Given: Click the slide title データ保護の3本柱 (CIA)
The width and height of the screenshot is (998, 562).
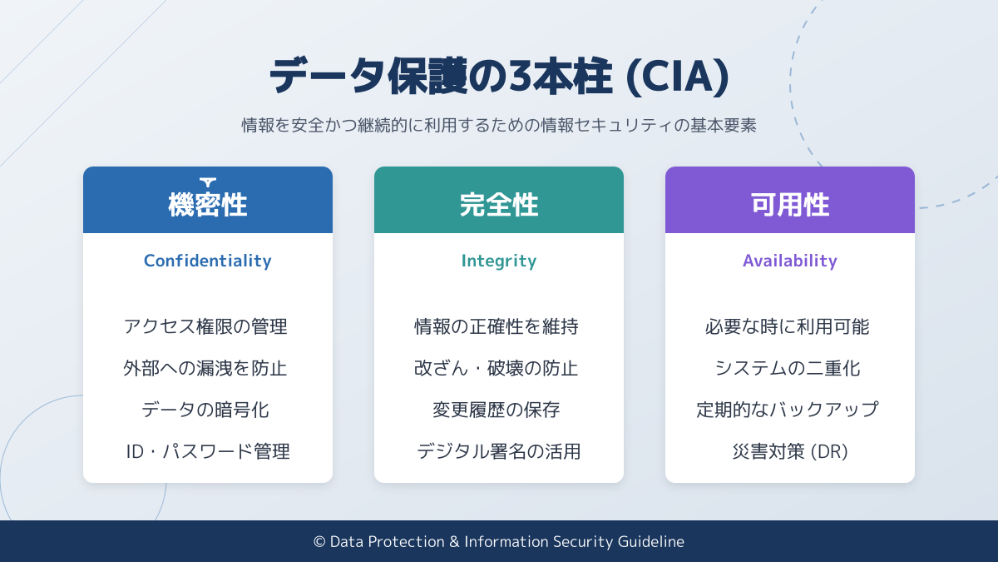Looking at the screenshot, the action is [x=499, y=77].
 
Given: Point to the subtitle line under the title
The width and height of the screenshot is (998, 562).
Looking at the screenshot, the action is [x=499, y=126].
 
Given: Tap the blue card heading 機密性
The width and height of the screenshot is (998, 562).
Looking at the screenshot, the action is [x=208, y=205].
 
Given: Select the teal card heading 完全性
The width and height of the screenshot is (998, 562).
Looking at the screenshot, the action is [x=499, y=205].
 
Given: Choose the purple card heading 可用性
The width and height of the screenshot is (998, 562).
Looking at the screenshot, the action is [x=790, y=205].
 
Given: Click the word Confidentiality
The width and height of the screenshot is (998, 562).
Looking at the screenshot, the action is [x=208, y=261].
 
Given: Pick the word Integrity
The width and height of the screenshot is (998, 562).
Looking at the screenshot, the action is [x=499, y=261].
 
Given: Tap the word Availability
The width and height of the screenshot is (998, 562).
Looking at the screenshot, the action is [x=790, y=261].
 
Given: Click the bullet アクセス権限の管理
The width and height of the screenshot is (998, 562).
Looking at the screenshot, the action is [x=205, y=326].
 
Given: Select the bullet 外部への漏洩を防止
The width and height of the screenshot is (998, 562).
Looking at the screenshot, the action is [x=205, y=368].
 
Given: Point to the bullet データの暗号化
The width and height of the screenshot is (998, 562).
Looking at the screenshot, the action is [x=205, y=410].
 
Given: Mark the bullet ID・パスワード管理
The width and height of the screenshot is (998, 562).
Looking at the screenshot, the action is [x=208, y=451].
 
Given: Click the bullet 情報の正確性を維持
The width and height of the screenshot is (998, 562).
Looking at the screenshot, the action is [x=497, y=326].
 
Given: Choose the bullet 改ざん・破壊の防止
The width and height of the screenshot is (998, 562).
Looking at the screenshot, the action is [x=497, y=368].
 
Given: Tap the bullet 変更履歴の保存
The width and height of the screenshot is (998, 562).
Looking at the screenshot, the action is [x=497, y=410].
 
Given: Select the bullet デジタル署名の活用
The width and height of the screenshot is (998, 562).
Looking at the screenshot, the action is [x=499, y=451].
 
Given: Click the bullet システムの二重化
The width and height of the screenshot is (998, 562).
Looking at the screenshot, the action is [x=788, y=368].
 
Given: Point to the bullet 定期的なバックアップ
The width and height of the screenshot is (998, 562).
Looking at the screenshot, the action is [x=788, y=410].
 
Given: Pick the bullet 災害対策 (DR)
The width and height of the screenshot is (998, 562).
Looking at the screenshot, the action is [x=790, y=451].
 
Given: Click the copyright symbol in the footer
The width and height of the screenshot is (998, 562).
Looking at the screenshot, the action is [x=319, y=542].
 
